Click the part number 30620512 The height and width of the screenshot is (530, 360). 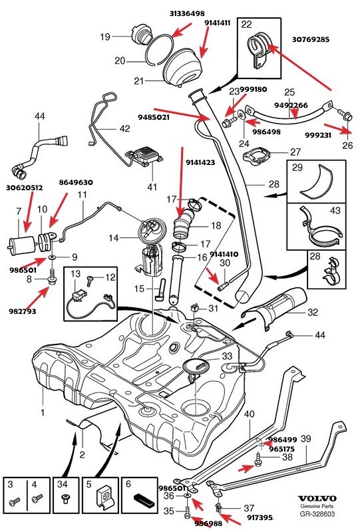click(x=25, y=188)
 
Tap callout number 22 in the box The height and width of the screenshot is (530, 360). click(x=246, y=25)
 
